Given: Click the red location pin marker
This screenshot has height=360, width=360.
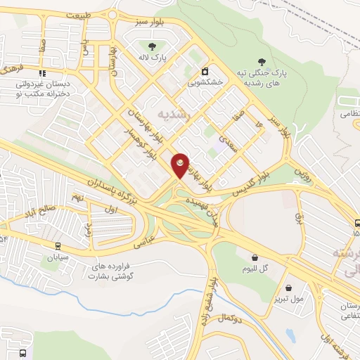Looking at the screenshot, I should [181, 165].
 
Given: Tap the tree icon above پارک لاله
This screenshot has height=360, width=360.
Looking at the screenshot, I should [152, 46].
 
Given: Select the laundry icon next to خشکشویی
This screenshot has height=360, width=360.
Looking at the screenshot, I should [205, 72].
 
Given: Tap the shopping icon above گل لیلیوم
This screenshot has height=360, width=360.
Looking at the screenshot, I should [253, 258].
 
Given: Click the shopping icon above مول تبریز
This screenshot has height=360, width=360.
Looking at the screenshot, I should [289, 287].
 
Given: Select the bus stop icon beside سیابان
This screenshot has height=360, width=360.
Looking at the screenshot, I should [57, 245].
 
